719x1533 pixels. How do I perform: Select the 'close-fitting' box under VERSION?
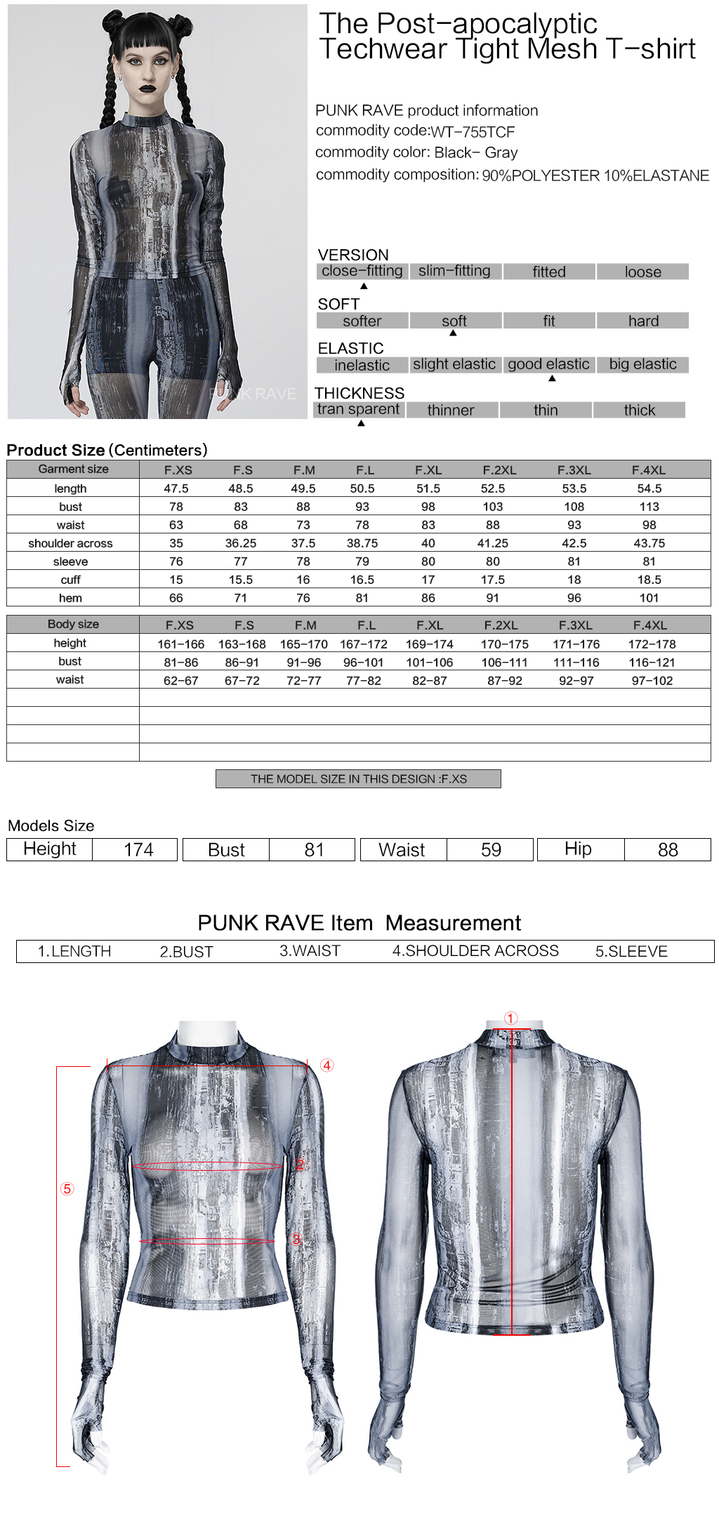point(362,271)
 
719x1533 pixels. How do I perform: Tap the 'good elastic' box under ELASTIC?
point(548,364)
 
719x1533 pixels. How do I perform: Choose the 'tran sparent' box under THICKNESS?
point(358,409)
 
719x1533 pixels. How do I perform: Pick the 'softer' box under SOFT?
point(362,321)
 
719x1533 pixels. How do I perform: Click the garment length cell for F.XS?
point(176,489)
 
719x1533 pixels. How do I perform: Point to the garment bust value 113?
point(649,507)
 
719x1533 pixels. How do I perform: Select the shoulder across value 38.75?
point(362,543)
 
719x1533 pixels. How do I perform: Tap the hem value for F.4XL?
point(649,598)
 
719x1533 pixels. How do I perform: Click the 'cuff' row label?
point(70,580)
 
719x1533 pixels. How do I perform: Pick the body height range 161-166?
point(180,644)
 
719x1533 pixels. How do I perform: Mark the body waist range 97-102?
point(652,681)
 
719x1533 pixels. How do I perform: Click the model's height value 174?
point(138,850)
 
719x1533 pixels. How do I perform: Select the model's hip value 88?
point(668,850)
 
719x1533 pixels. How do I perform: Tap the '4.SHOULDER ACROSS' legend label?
point(475,951)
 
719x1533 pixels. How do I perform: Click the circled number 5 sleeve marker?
point(67,1189)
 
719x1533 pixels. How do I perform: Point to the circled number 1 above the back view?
point(510,1018)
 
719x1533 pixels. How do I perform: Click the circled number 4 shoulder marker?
point(327,1066)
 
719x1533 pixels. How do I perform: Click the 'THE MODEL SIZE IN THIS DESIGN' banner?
point(358,779)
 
